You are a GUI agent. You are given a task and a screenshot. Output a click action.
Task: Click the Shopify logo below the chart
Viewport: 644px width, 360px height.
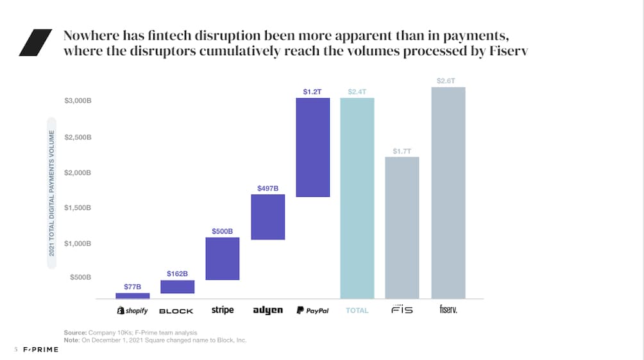coord(132,311)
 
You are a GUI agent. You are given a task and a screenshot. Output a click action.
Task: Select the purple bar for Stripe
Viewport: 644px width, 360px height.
coord(223,259)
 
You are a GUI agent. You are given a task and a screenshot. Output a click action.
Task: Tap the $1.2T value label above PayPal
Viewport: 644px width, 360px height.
coord(312,92)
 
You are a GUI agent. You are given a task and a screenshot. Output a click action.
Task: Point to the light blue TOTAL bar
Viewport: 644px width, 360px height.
coord(357,198)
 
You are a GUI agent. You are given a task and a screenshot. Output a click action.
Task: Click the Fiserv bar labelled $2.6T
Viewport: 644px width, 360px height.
coord(448,193)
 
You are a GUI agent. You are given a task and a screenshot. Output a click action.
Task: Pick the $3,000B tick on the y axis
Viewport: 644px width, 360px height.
coord(78,101)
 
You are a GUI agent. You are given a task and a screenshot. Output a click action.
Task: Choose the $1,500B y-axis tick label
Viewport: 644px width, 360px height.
coord(78,208)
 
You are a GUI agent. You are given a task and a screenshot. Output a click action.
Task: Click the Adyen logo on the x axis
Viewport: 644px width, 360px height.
coord(267,311)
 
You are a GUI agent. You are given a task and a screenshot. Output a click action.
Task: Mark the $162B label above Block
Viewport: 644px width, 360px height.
coord(178,274)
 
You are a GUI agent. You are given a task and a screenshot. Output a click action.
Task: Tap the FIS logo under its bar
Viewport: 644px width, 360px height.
coord(402,309)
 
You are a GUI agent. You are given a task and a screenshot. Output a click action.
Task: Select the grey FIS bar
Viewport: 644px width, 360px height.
coord(402,228)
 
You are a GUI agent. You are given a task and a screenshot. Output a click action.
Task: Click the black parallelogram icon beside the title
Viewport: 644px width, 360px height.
coord(35,43)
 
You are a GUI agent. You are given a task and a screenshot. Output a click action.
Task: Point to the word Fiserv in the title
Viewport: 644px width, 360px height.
coord(509,51)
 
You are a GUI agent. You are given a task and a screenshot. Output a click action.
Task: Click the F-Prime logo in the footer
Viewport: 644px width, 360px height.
coord(40,350)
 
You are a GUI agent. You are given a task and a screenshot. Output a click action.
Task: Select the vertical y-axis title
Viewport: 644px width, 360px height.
coord(52,193)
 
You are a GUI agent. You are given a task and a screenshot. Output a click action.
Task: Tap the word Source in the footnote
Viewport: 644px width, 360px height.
coord(75,332)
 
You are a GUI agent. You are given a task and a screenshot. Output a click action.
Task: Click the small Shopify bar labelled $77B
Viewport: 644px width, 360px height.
coord(133,296)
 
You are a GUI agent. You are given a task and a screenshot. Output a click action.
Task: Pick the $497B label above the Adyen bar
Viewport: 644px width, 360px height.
coord(267,188)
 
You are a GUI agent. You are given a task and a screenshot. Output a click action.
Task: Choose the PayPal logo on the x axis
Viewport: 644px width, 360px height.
coord(312,311)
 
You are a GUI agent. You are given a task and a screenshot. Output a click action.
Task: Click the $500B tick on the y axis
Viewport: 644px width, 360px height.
coord(81,277)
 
